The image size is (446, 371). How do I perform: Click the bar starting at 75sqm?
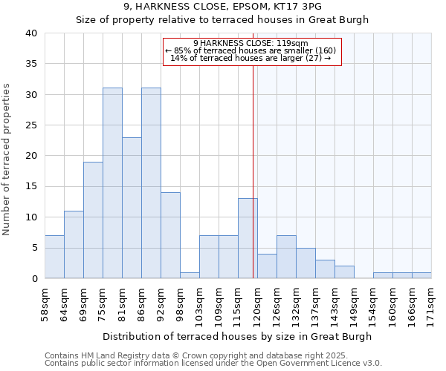click(x=112, y=183)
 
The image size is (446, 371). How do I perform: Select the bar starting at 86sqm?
click(x=151, y=183)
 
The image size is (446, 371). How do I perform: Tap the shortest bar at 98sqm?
click(x=190, y=275)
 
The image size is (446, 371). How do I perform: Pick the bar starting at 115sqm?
click(x=248, y=238)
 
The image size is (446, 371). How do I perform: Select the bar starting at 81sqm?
click(x=132, y=208)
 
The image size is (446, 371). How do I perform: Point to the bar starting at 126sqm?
click(x=286, y=257)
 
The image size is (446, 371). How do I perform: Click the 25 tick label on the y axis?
click(x=30, y=125)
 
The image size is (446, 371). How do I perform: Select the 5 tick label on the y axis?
click(x=33, y=248)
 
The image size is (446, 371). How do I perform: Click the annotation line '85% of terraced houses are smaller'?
click(x=251, y=50)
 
